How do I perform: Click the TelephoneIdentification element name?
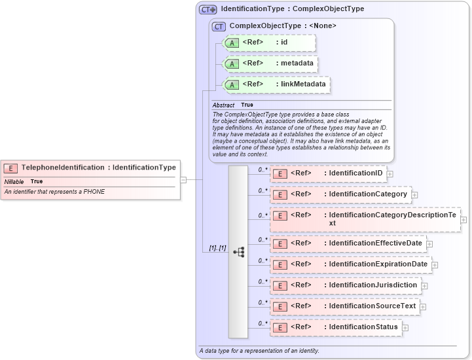tap(62, 168)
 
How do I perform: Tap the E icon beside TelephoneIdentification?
tap(11, 168)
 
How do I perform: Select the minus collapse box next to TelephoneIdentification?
tap(183, 179)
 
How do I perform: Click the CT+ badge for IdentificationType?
tap(208, 9)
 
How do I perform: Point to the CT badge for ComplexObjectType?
tap(219, 26)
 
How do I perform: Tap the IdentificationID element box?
tap(328, 173)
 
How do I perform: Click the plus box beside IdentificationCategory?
tap(414, 195)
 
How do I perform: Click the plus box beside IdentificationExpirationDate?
tap(435, 265)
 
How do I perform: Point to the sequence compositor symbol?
tap(238, 251)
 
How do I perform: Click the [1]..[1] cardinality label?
tap(217, 248)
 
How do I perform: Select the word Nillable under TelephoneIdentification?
tap(14, 181)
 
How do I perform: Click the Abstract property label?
tap(223, 105)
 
